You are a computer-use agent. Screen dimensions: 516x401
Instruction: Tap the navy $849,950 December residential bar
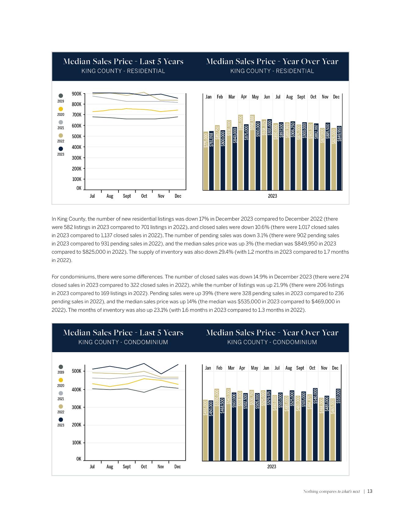[339, 158]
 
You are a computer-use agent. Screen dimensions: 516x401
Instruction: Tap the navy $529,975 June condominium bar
[269, 425]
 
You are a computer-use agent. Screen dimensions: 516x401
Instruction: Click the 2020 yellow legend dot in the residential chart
[61, 109]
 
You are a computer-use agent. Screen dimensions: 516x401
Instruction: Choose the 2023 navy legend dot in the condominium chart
[61, 420]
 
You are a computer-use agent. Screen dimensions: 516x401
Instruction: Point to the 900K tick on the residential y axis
[77, 94]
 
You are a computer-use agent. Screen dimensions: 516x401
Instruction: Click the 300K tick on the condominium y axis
[77, 407]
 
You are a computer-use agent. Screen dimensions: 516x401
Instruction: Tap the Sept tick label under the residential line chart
[127, 196]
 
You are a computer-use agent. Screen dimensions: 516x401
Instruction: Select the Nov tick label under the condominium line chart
[161, 467]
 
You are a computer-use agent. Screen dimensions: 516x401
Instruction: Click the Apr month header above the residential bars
[244, 97]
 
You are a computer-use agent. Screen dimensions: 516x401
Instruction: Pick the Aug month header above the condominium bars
[289, 368]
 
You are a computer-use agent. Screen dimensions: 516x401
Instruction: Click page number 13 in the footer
[370, 492]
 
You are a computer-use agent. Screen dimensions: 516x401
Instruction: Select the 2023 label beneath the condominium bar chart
[272, 467]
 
